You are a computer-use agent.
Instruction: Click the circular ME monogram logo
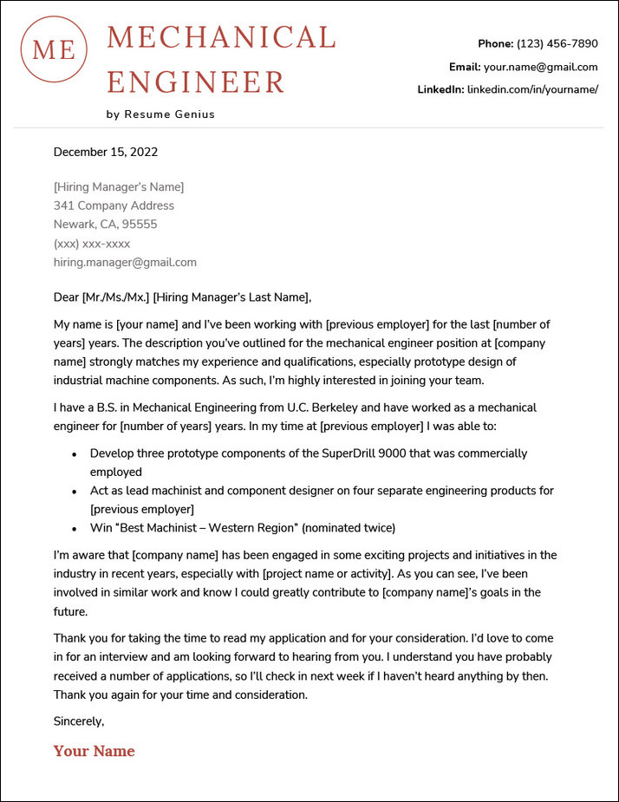pyautogui.click(x=54, y=49)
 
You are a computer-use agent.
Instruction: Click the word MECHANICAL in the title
pyautogui.click(x=221, y=38)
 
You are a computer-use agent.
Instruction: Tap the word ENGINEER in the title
pyautogui.click(x=196, y=82)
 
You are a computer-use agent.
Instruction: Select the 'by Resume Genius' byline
pyautogui.click(x=160, y=114)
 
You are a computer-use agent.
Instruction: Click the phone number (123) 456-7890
pyautogui.click(x=557, y=43)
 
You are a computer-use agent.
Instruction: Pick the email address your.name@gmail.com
pyautogui.click(x=540, y=67)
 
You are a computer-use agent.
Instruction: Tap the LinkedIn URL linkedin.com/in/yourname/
pyautogui.click(x=532, y=89)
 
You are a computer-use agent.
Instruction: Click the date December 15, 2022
pyautogui.click(x=106, y=152)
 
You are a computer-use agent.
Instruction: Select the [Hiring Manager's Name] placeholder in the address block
pyautogui.click(x=119, y=186)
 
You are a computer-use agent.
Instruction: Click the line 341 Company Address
pyautogui.click(x=114, y=205)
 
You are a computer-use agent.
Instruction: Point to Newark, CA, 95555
pyautogui.click(x=106, y=225)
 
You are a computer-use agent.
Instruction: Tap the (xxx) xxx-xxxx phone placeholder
pyautogui.click(x=92, y=244)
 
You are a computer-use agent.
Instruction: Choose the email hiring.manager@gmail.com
pyautogui.click(x=125, y=262)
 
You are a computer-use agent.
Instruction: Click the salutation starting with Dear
pyautogui.click(x=182, y=297)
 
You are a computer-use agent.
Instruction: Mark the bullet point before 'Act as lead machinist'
pyautogui.click(x=74, y=491)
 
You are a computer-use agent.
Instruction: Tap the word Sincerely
pyautogui.click(x=79, y=721)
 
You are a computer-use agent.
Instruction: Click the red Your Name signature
pyautogui.click(x=94, y=751)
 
